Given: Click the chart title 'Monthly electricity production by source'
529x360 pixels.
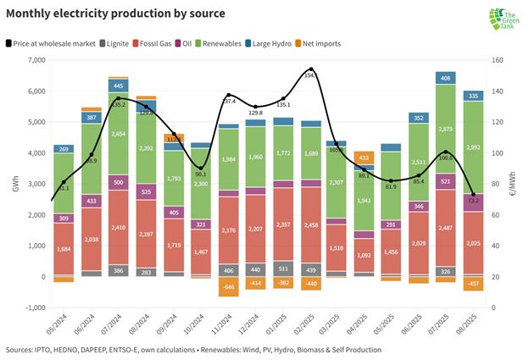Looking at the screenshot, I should (115, 14).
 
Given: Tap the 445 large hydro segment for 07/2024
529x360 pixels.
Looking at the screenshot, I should (119, 86).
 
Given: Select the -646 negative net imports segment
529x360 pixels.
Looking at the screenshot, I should (227, 287).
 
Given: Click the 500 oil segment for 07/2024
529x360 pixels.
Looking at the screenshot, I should (119, 182).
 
